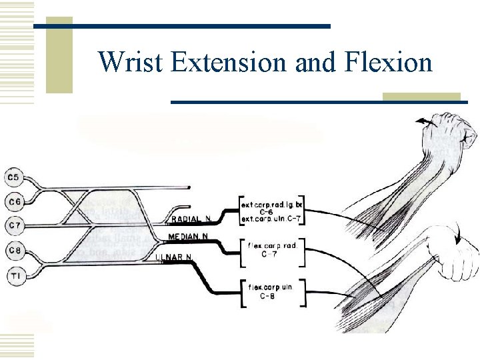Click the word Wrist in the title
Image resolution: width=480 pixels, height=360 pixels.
131,63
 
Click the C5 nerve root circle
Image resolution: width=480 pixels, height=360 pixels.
14,177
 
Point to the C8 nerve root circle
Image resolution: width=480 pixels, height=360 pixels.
14,250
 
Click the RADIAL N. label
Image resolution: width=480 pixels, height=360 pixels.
190,219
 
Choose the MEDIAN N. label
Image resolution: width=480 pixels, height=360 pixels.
187,237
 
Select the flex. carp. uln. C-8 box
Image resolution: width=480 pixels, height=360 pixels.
271,293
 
